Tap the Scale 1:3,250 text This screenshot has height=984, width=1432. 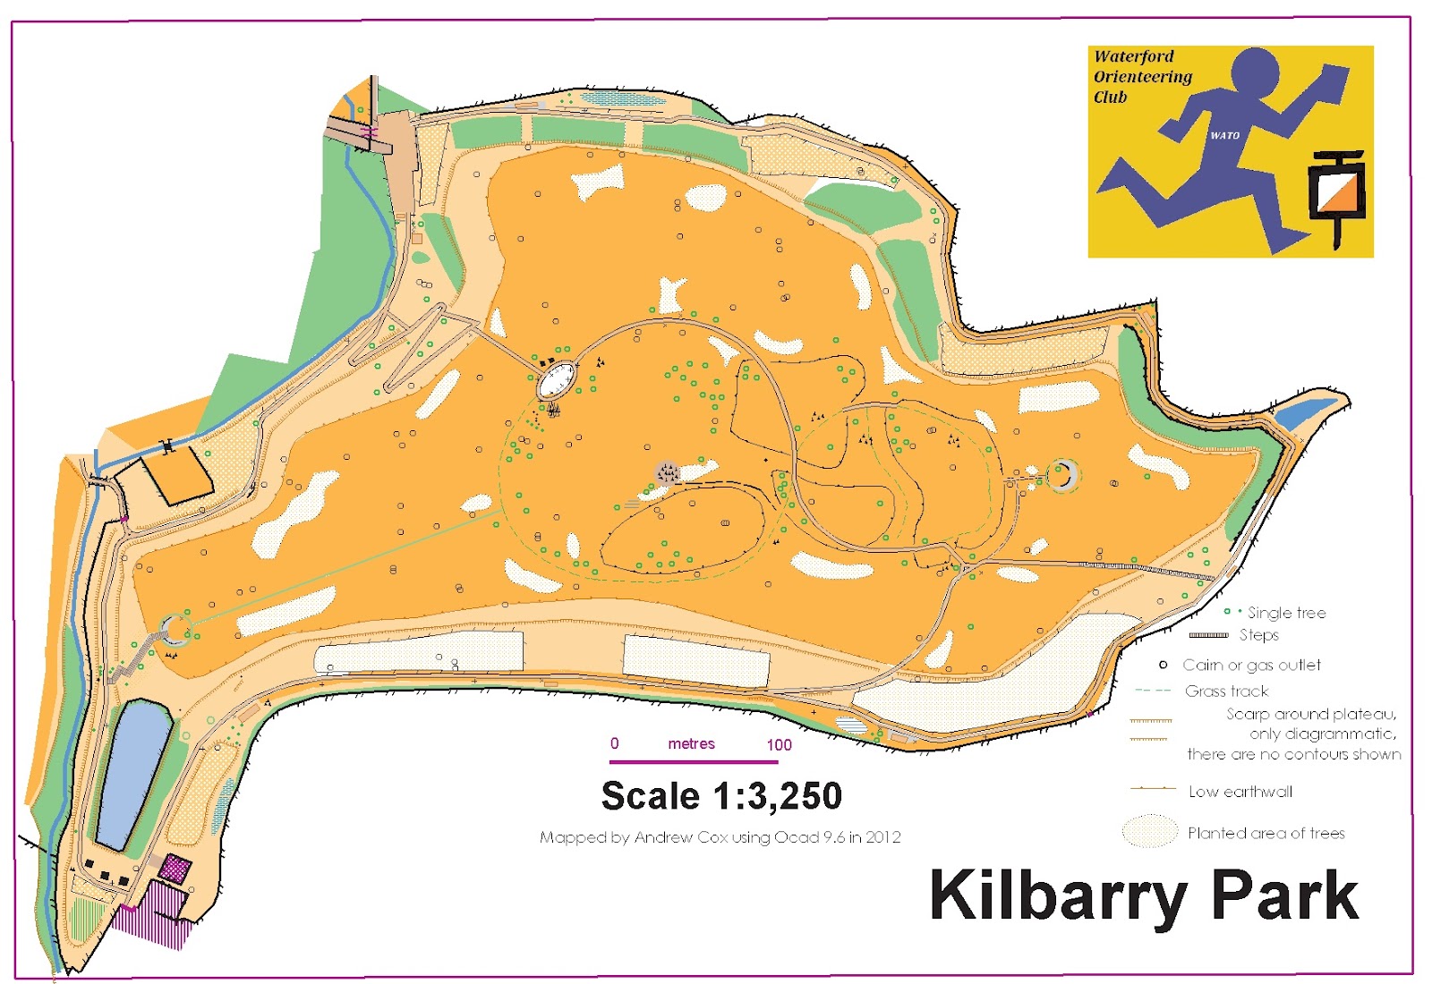point(721,795)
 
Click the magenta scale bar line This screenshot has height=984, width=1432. point(694,762)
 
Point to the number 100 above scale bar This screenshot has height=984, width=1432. point(779,744)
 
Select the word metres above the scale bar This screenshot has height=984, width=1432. point(691,743)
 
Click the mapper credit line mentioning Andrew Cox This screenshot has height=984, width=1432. point(720,837)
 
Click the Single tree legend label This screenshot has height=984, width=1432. point(1286,613)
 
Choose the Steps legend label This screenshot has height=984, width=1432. point(1258,635)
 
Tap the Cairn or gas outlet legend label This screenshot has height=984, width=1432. point(1251,665)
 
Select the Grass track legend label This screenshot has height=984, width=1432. point(1226,691)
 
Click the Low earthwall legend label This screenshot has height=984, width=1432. point(1240,792)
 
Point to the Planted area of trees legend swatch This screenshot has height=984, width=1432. point(1149,831)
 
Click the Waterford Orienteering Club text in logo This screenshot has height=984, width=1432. point(1141,76)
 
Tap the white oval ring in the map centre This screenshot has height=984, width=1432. point(556,380)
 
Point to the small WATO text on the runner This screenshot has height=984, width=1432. point(1224,136)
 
